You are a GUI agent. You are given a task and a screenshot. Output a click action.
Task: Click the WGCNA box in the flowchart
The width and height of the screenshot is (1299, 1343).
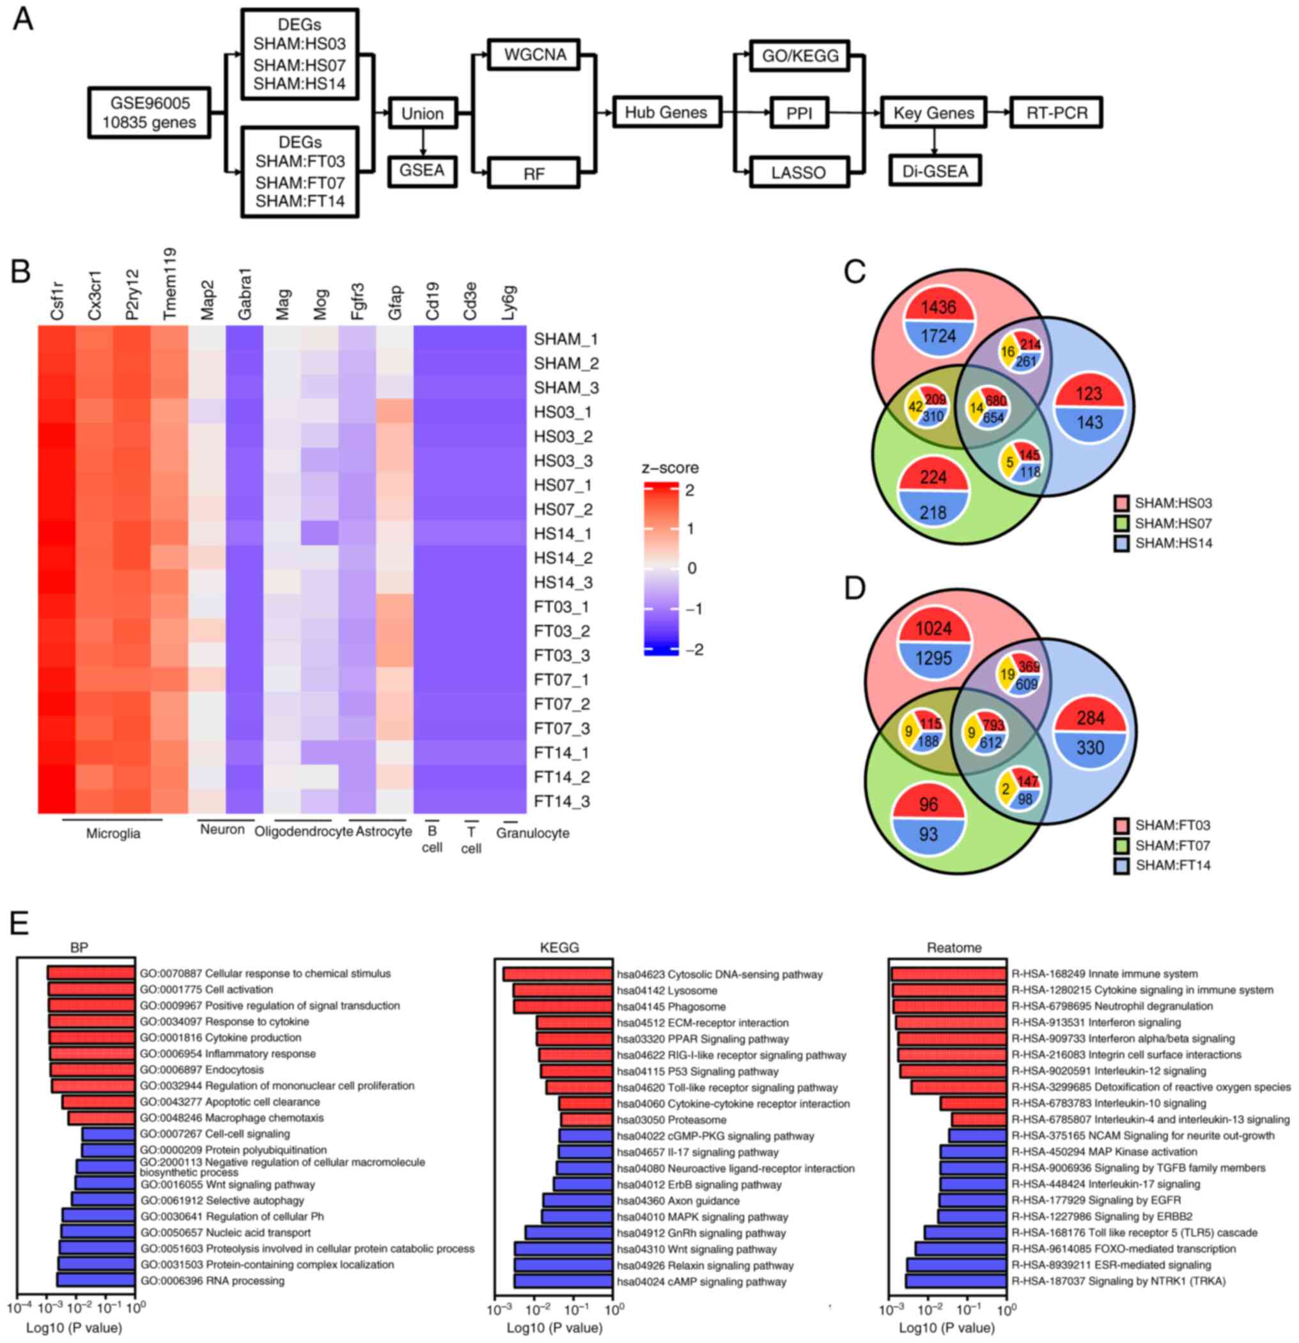point(534,55)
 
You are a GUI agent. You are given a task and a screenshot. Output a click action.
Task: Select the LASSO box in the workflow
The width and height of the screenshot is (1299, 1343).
point(798,172)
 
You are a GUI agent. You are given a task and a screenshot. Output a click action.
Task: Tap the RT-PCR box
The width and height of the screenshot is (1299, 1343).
point(1056,113)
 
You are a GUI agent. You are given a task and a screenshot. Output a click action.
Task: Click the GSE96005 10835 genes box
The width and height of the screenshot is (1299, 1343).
point(150,113)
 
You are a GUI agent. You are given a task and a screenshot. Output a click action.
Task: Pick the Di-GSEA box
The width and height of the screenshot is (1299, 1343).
point(935,171)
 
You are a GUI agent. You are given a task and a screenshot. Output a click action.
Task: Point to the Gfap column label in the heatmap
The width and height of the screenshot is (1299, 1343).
point(395,302)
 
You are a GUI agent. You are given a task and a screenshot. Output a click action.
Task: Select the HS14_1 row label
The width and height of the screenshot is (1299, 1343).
point(563,533)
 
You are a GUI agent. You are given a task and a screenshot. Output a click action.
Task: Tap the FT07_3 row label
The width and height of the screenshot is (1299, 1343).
point(562,728)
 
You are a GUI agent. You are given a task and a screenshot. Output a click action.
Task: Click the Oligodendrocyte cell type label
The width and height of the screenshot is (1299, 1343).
point(304,832)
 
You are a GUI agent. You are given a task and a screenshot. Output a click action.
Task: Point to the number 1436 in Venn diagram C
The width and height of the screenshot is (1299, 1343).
point(938,307)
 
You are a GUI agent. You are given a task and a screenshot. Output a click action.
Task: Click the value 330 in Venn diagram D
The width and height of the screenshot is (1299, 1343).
point(1090,747)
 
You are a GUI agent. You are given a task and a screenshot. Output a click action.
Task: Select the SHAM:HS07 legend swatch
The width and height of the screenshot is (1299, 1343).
point(1121,523)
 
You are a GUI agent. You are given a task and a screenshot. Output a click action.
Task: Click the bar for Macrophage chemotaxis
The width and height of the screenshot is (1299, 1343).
point(102,1117)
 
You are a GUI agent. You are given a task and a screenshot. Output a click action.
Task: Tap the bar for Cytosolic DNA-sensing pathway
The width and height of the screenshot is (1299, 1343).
point(558,974)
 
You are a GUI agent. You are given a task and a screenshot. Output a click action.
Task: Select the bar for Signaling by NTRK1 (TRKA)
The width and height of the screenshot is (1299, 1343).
point(956,1280)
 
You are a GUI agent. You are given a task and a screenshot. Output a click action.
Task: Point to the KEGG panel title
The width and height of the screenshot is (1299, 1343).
point(559,948)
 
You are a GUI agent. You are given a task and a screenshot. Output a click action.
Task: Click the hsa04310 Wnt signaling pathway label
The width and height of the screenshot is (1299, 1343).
point(696,1249)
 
